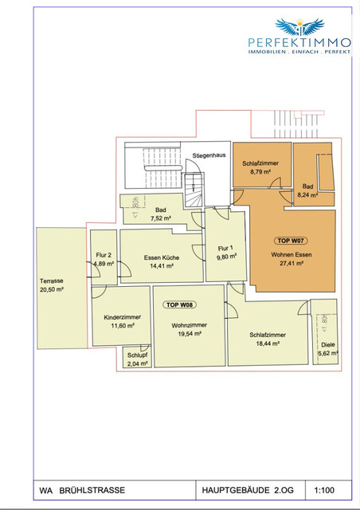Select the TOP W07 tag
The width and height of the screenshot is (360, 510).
pos(291,240)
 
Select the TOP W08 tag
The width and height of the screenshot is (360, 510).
pos(180,305)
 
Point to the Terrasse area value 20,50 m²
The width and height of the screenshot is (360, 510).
pos(53,289)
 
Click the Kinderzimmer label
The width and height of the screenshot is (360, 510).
pos(122,316)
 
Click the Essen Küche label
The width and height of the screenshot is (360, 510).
pos(161,257)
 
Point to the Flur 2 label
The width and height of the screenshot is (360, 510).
pos(104,255)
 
